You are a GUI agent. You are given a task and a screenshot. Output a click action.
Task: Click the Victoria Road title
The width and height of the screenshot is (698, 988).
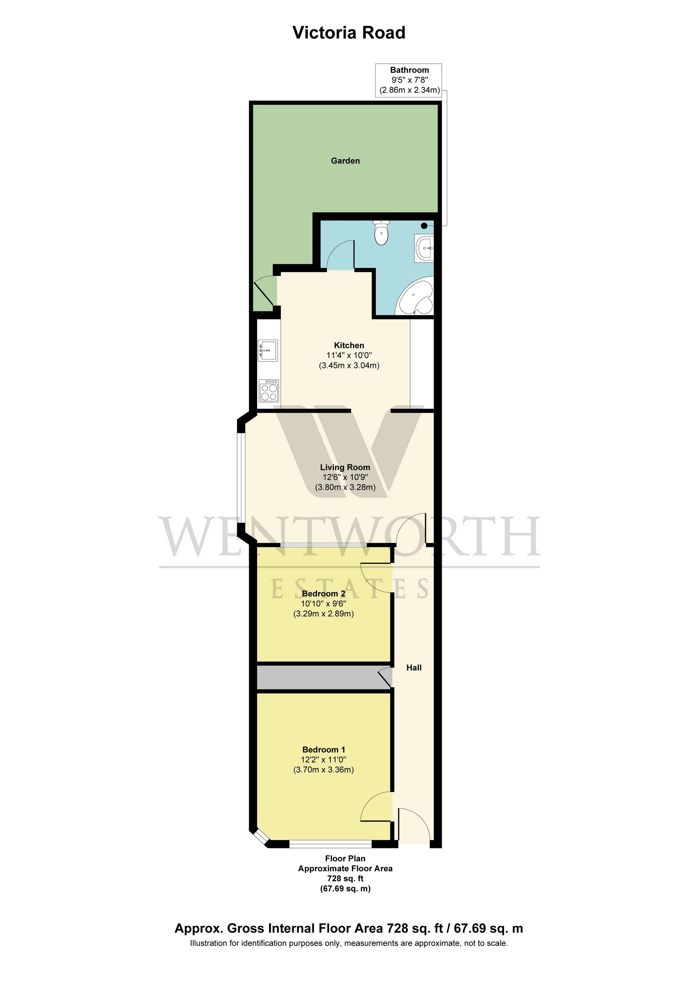coord(349,33)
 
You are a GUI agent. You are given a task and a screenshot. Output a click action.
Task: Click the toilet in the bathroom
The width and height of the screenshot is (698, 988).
coord(381,233)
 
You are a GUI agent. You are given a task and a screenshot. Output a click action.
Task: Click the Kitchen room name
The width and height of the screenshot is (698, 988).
coord(349,345)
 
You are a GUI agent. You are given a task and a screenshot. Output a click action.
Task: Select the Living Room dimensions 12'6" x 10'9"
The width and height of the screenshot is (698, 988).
coord(345,477)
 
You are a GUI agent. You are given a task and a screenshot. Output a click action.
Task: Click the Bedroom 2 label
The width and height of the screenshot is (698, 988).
coord(324,593)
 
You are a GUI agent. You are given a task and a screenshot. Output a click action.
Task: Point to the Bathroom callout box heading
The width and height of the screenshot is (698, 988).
coord(409,70)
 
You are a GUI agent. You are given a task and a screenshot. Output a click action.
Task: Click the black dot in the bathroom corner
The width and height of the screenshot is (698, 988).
coord(424,225)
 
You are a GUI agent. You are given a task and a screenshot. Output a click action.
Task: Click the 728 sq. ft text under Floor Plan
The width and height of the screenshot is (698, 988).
coord(345,878)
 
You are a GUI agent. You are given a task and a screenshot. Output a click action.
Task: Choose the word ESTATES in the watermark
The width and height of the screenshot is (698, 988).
coord(349,589)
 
